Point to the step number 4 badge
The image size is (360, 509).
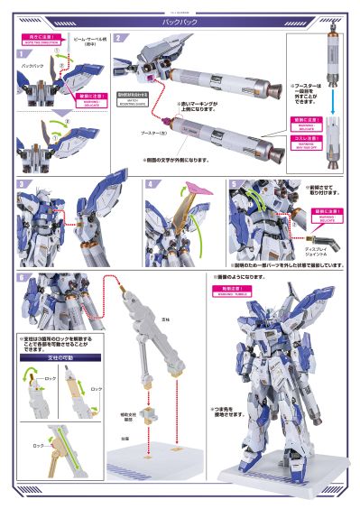tap(151, 184)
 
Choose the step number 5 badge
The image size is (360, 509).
tap(233, 184)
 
